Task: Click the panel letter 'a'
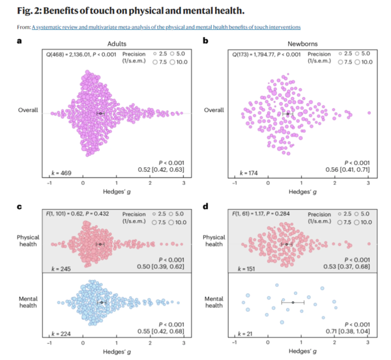point(20,41)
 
